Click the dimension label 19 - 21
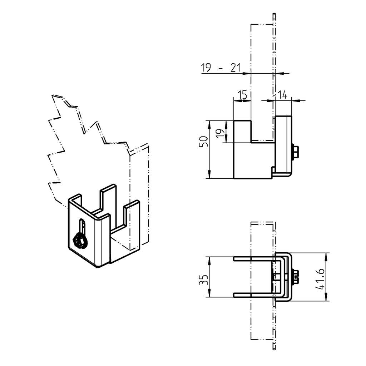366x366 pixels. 221,68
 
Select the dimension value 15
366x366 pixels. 242,95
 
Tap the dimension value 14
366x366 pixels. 282,95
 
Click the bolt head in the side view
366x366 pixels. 296,151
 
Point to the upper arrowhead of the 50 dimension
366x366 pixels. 209,124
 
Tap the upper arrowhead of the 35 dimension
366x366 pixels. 209,260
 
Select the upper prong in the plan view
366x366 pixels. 254,258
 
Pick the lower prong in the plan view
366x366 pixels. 254,295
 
